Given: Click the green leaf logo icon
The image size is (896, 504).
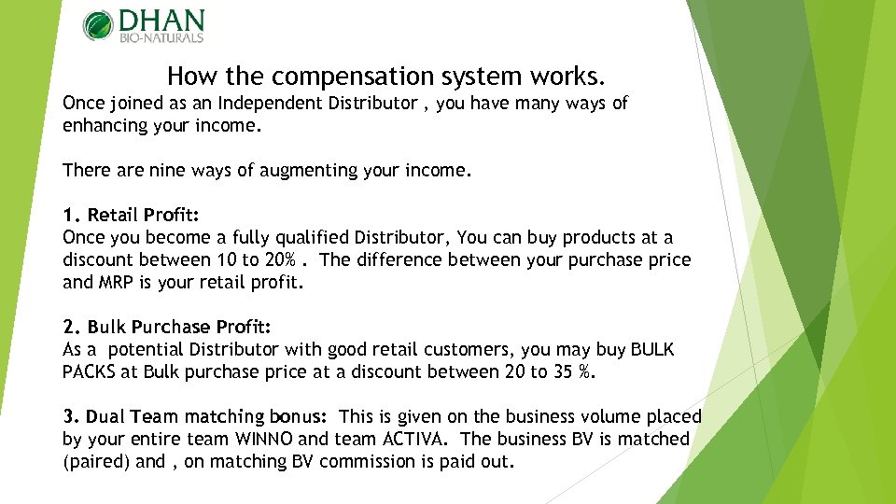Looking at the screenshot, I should pyautogui.click(x=98, y=25).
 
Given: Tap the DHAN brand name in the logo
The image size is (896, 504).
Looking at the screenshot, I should pyautogui.click(x=161, y=21).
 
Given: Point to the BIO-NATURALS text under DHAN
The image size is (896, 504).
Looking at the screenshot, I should pyautogui.click(x=161, y=38).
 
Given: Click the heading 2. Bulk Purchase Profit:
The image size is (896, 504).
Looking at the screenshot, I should pyautogui.click(x=167, y=328).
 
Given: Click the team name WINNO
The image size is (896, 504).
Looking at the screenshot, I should pyautogui.click(x=261, y=440).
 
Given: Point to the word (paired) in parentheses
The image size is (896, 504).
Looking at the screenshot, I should pyautogui.click(x=96, y=462).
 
